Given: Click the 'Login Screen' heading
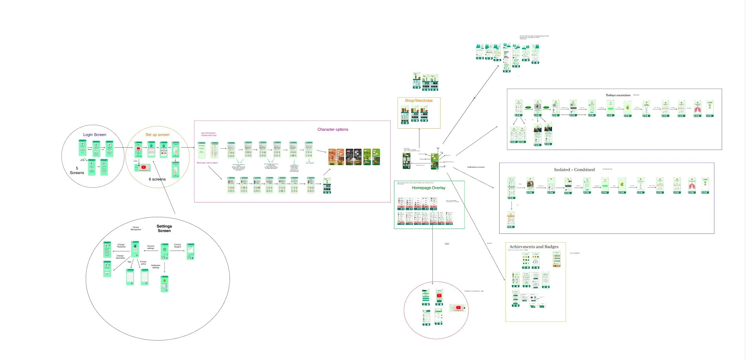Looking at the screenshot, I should coord(95,135).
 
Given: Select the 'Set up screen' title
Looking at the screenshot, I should coord(157,135).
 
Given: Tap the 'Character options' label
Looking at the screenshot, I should coord(333,129).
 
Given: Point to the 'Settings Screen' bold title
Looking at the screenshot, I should coord(164,229).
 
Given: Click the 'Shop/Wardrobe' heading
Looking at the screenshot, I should coord(418,101).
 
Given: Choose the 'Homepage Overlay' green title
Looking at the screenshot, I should coord(428,188).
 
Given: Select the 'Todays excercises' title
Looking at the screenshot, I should coord(618,95).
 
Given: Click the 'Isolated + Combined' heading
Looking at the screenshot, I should coord(574,170).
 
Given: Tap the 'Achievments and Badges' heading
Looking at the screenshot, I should coord(534,247).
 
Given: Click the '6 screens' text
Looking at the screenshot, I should coord(157,179).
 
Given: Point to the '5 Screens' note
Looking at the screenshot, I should coord(77,171).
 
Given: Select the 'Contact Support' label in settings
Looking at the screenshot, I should coord(178,245).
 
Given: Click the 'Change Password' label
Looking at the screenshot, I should coord(121,245).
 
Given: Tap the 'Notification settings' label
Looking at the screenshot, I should coord(155,266).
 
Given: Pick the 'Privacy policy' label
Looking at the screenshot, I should coord(143,263).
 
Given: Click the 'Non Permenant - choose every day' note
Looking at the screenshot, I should coord(209,134).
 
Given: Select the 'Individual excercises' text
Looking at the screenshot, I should coord(476,167).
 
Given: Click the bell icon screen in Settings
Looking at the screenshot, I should coord(165,284).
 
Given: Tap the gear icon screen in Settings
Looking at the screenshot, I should coord(165,251).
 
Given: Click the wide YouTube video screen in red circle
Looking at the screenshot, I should coord(458,308).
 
